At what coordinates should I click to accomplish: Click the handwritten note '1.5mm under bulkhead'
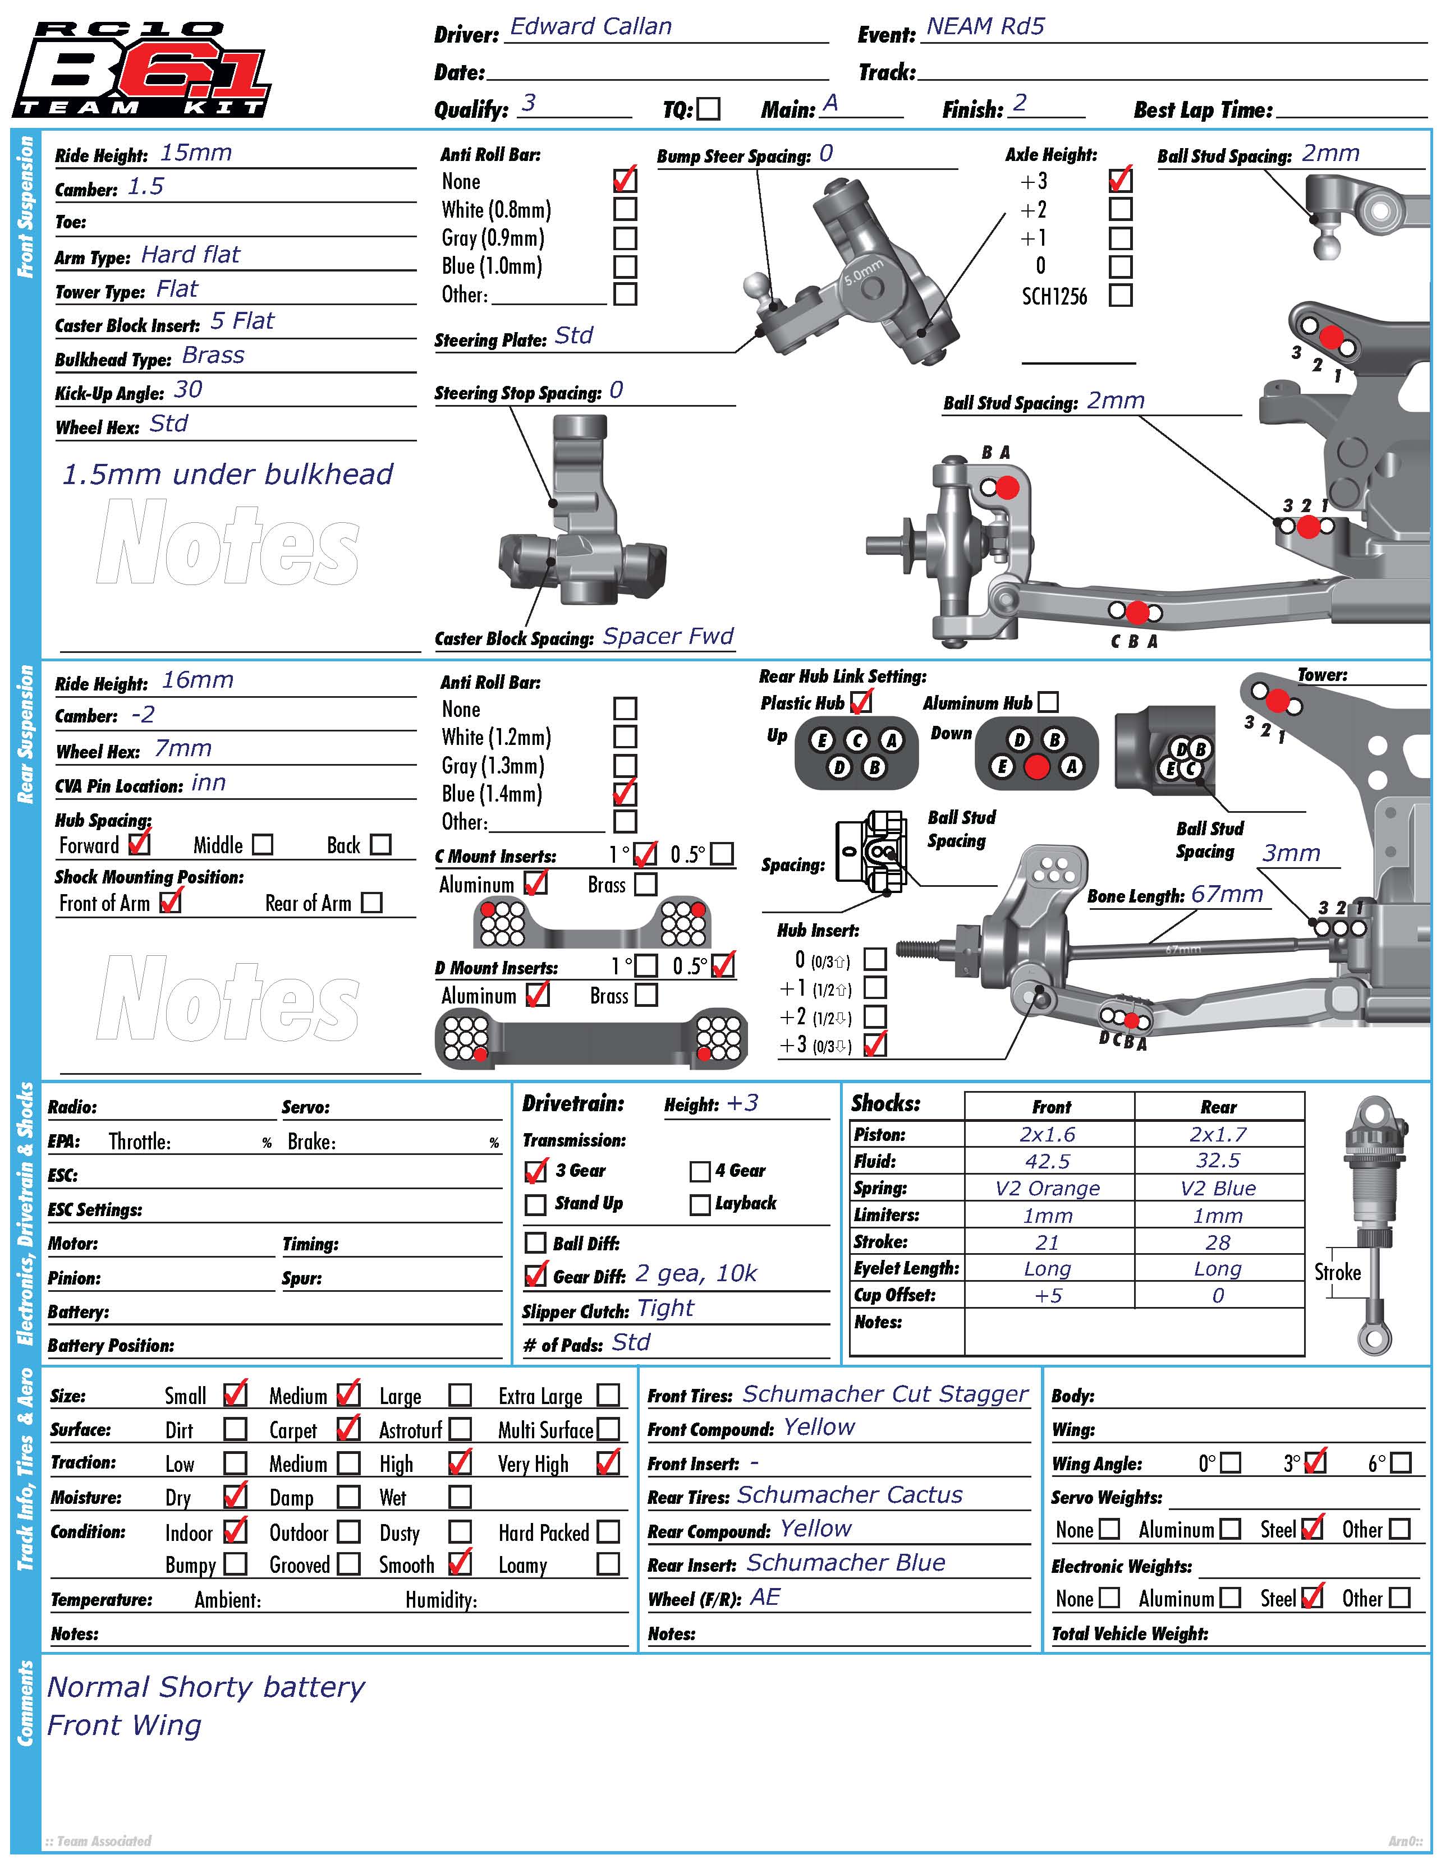tap(227, 475)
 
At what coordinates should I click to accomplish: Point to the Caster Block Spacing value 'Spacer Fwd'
tap(668, 637)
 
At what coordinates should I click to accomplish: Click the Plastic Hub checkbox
tap(861, 702)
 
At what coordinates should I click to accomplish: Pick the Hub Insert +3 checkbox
tap(875, 1044)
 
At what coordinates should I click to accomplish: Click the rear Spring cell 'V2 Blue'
tap(1218, 1189)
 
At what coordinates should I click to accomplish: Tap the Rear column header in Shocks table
tap(1218, 1107)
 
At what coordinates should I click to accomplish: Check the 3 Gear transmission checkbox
tap(535, 1172)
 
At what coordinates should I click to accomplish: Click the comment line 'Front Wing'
tap(125, 1726)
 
